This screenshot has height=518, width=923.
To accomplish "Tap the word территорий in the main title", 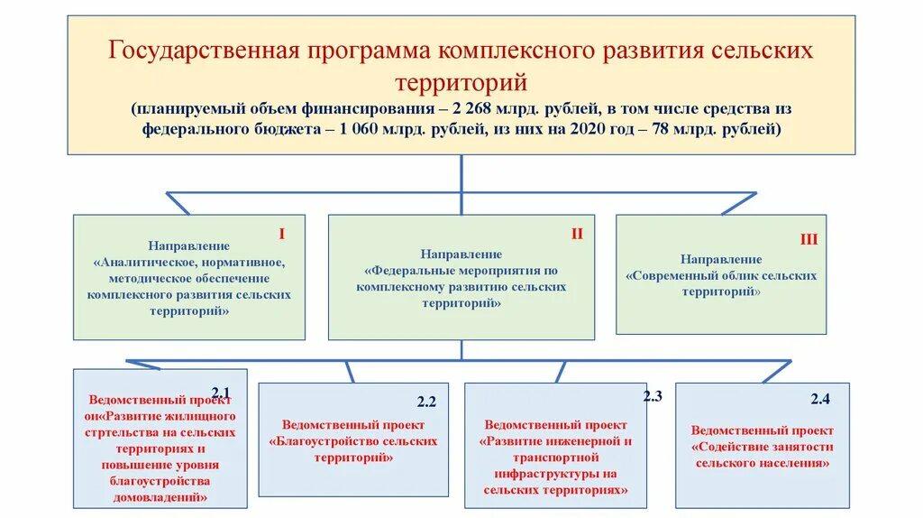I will point(461,83).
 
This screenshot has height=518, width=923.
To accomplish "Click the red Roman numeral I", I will point(281,234).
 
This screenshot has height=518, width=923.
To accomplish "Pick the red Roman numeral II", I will point(577,234).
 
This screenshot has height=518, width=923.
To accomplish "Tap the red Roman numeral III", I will point(809,239).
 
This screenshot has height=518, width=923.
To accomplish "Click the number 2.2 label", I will point(426,402).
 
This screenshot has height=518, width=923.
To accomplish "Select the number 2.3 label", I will point(653,395).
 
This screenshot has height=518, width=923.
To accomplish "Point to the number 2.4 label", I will point(819,398).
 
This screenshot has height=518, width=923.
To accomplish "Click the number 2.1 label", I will point(222,392).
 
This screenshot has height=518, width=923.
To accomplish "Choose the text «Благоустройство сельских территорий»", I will point(352,449).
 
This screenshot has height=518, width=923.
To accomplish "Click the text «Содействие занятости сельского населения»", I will point(762,455).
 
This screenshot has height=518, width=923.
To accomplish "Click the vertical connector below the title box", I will point(461,172).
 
